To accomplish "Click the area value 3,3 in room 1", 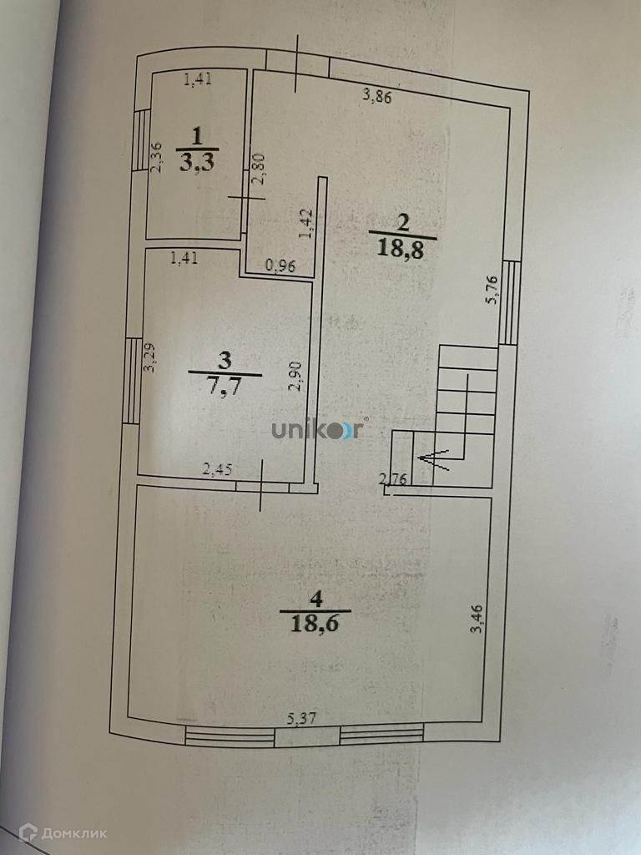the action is [197, 161].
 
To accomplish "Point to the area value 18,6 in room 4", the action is [315, 623].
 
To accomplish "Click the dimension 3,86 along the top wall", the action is [377, 95].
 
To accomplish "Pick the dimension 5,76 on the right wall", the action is [492, 291].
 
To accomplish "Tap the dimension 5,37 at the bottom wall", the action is [302, 717].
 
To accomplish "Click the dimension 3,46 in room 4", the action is [476, 617].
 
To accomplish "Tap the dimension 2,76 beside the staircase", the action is [392, 478].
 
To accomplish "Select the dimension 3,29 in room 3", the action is [149, 359].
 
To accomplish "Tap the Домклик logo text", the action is [63, 832].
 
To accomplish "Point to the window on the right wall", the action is [510, 302].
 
